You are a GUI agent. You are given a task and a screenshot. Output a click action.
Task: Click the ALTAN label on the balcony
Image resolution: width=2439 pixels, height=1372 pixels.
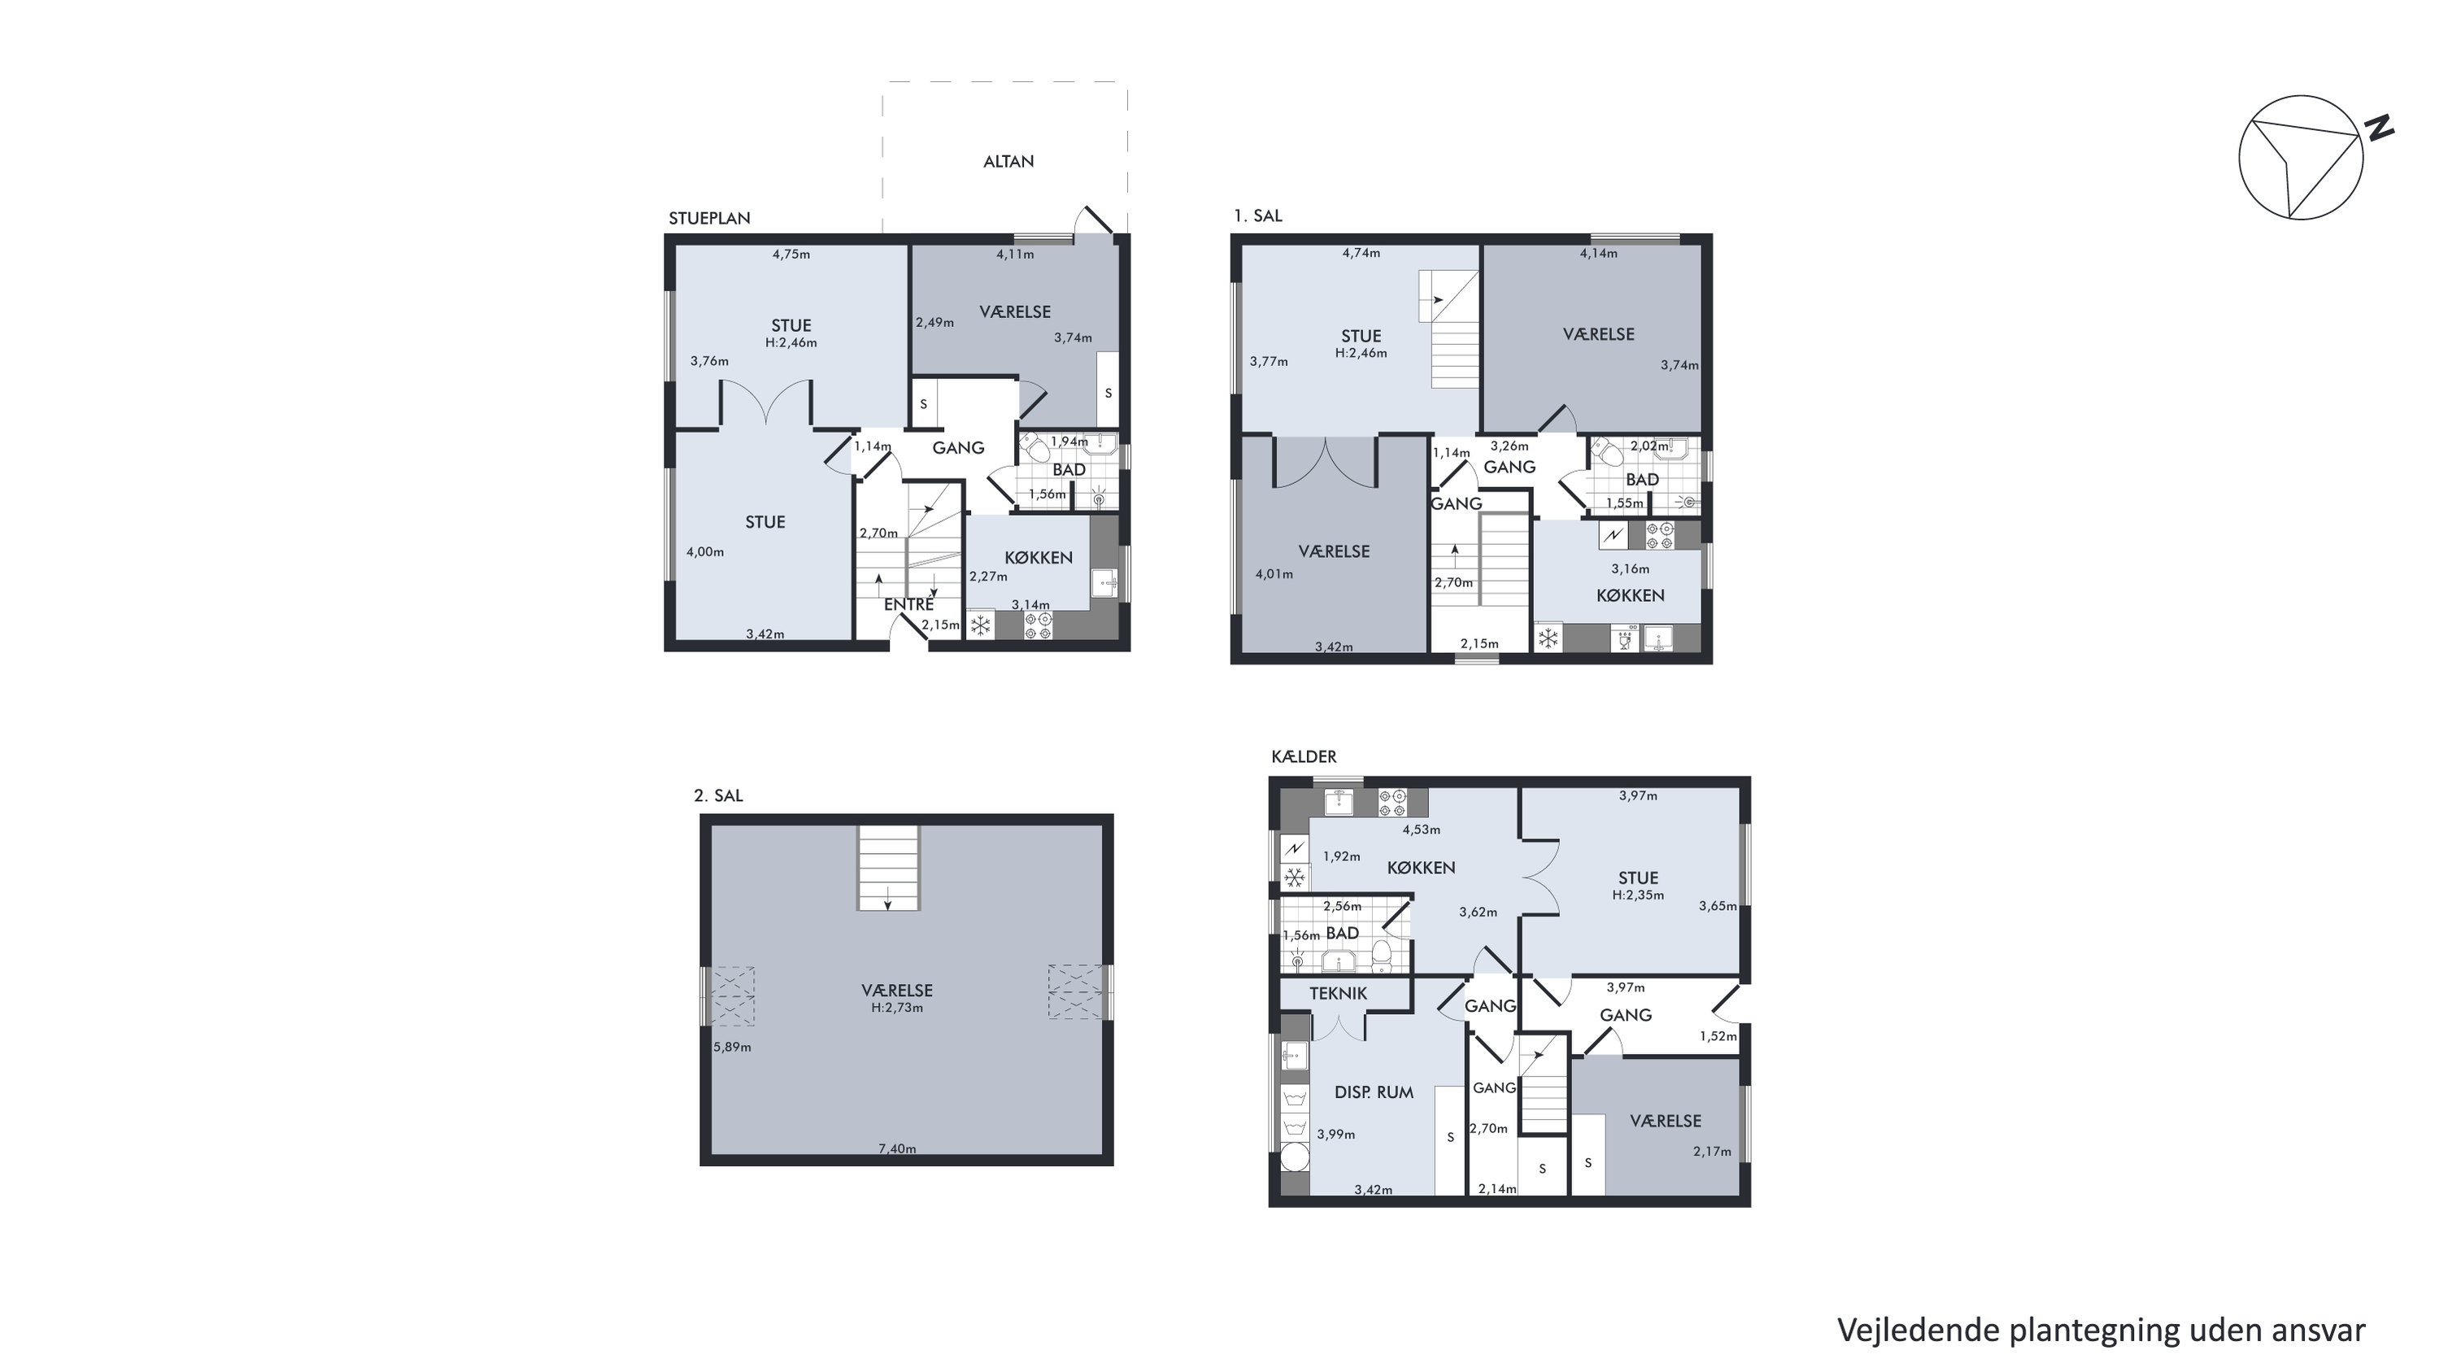point(1008,161)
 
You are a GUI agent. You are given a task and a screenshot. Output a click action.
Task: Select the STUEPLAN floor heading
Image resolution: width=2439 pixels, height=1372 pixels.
point(709,218)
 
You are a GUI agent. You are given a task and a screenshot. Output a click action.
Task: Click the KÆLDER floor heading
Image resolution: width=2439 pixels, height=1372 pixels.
point(1304,756)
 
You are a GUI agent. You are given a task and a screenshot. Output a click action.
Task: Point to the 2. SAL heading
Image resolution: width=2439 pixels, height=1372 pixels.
point(719,795)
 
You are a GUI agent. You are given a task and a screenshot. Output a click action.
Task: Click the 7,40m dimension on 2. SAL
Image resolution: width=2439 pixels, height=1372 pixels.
point(897,1148)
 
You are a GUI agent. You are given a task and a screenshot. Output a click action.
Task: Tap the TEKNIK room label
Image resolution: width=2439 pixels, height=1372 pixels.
point(1338,993)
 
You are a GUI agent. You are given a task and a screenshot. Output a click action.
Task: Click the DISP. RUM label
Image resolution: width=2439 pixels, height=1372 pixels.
point(1374,1091)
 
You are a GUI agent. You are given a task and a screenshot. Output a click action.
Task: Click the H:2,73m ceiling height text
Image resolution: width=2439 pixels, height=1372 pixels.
point(897,1008)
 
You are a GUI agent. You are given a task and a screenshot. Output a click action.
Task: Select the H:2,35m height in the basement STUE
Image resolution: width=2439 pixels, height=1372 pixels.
point(1638,895)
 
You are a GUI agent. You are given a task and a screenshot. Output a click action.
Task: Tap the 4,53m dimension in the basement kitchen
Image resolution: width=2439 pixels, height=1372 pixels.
point(1421,830)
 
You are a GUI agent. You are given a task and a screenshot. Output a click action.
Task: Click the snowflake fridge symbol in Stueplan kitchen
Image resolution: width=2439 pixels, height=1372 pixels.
point(981,625)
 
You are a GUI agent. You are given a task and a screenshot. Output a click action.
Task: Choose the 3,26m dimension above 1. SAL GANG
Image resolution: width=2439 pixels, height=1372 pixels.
point(1509,446)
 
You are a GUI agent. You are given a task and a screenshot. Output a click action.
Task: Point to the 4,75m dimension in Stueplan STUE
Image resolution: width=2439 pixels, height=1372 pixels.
point(790,254)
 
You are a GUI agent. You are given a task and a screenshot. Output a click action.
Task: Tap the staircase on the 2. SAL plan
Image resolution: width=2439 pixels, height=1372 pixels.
point(888,867)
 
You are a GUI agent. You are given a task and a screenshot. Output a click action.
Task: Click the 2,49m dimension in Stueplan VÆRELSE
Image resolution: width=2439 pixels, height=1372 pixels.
point(934,322)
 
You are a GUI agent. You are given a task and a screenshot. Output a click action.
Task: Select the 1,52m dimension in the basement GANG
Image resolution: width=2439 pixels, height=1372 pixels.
point(1718,1036)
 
